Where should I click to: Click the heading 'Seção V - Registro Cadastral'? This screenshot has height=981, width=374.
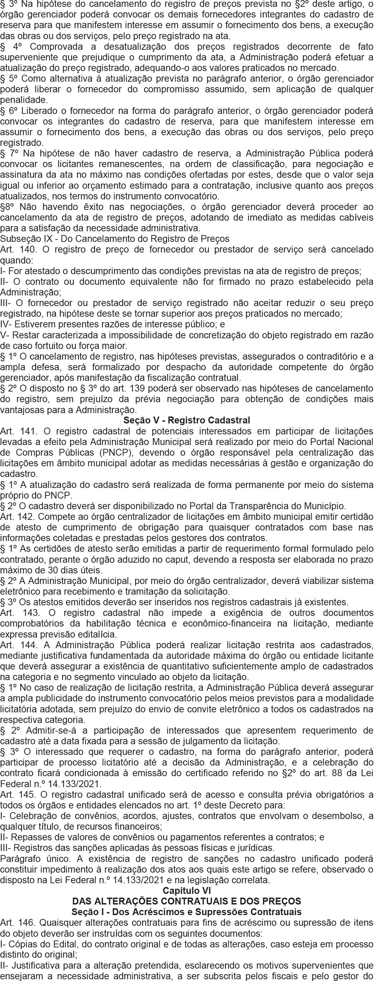pos(187,420)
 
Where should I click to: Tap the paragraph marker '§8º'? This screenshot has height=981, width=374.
pos(7,207)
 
